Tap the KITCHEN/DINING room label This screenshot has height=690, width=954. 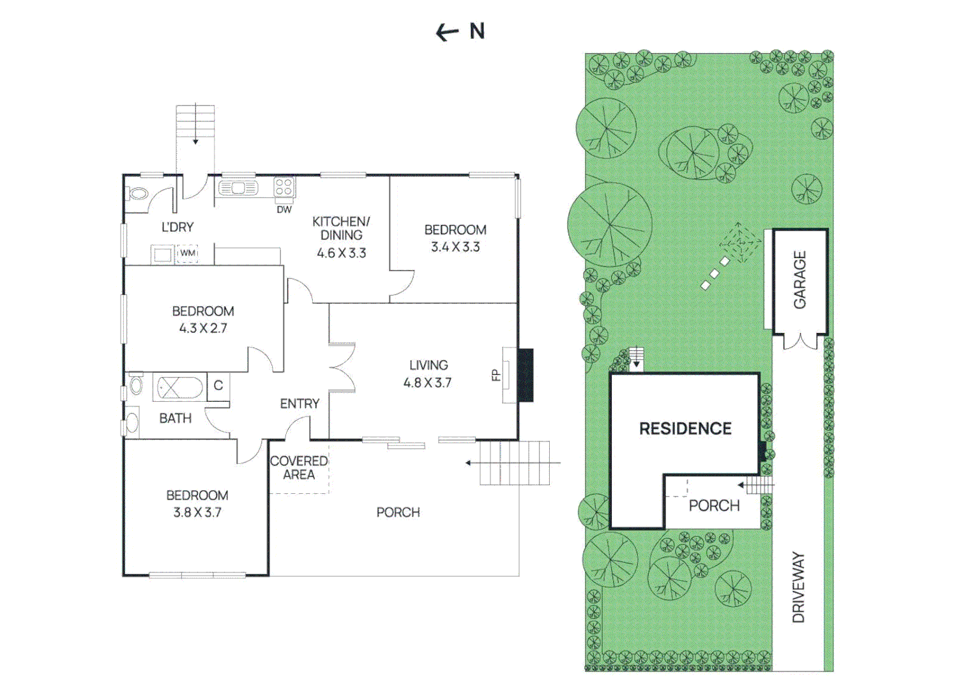pos(341,228)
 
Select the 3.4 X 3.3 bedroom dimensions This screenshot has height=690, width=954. pos(455,247)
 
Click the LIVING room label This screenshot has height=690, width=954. pos(428,365)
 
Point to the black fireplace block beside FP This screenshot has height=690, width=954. pos(525,375)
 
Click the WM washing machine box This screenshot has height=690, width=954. pos(187,254)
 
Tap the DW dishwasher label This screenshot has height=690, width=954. pos(284,210)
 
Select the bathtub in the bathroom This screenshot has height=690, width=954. pos(180,387)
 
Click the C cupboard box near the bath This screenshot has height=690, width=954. pos(218,385)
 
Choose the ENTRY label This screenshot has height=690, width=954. pos(299,404)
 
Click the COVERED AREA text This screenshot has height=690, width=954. pos(299,468)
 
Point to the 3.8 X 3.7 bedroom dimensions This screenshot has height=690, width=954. pos(197,512)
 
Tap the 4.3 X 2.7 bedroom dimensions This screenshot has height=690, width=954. pos(203,328)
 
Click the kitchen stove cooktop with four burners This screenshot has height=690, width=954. pos(284,187)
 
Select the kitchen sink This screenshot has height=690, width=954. pos(238,188)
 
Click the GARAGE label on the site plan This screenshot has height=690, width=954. pos(799,280)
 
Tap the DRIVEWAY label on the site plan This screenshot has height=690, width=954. pos(798,587)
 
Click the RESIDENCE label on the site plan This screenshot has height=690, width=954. pos(685,429)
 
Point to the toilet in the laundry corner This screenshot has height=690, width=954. pos(138,194)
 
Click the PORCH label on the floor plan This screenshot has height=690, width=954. pos(398,512)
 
